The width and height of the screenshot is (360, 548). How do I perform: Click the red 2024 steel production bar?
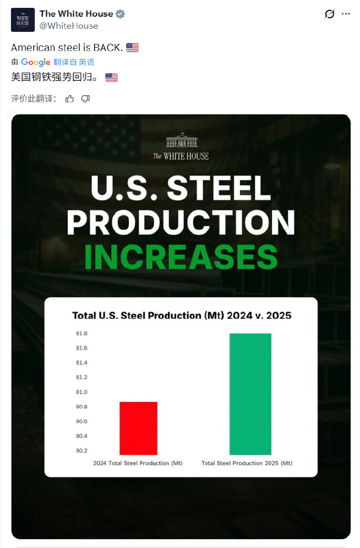point(138,428)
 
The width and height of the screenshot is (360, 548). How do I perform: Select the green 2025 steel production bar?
point(250,394)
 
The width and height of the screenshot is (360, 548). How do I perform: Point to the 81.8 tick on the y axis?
point(81,333)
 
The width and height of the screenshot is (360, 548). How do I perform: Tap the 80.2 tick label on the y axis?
point(81,450)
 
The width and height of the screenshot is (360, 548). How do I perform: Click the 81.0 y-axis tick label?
point(81,392)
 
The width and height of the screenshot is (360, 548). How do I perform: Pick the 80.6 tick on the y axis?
point(81,421)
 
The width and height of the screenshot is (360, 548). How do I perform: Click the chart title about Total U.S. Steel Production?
point(181,316)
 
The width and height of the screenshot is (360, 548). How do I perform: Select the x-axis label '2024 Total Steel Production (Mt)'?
point(138,463)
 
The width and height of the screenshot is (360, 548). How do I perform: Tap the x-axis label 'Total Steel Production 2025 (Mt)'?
point(247,463)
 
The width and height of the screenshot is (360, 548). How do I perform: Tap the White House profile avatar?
point(22,20)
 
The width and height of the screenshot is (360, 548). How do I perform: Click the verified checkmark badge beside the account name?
point(121,14)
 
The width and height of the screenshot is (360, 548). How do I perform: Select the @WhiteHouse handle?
point(69,26)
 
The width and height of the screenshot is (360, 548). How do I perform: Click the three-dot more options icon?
point(345,14)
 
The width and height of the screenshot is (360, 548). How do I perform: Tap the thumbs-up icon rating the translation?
point(69,99)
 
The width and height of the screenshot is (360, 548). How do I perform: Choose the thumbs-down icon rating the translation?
point(86,99)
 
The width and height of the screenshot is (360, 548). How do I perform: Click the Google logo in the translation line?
point(35,62)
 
